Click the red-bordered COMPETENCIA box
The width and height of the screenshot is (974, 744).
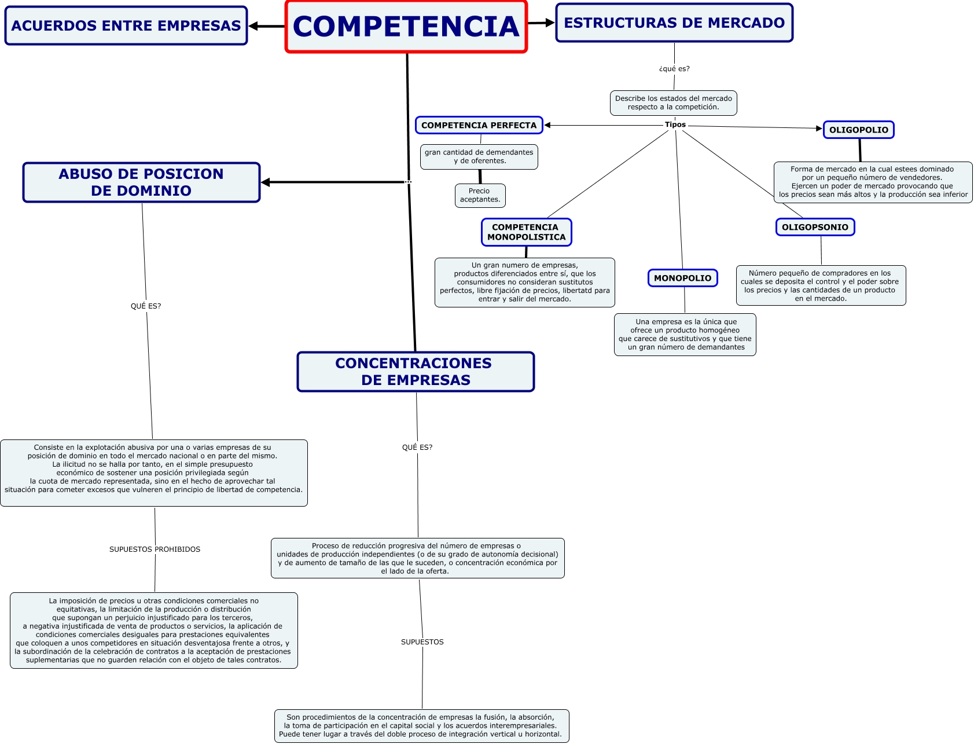(x=406, y=27)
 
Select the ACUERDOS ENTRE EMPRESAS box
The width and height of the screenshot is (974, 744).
(x=126, y=25)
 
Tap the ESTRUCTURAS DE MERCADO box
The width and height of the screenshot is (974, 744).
(x=674, y=23)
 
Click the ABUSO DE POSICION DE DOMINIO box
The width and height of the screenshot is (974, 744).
(x=141, y=182)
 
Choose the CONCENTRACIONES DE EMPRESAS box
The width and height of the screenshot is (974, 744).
(x=416, y=372)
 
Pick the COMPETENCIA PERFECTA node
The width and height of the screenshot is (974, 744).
(x=479, y=125)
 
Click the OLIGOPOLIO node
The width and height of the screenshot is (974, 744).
(x=858, y=130)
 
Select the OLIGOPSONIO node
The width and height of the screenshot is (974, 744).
(x=815, y=227)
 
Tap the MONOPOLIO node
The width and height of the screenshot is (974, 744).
(x=682, y=278)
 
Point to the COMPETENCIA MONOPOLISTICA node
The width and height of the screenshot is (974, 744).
(x=526, y=232)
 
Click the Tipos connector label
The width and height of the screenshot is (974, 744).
(x=675, y=124)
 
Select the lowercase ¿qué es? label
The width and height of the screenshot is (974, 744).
(x=674, y=68)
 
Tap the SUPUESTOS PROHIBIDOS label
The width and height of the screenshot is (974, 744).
(x=155, y=549)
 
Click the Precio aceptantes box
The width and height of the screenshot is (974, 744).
(x=480, y=195)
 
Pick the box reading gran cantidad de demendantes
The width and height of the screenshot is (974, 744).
(x=479, y=156)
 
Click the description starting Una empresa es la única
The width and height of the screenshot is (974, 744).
(x=685, y=334)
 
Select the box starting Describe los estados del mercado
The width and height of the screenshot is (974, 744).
(x=673, y=102)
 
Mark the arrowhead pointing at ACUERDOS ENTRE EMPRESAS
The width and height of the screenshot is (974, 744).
(x=253, y=26)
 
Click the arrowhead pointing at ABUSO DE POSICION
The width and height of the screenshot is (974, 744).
(x=266, y=182)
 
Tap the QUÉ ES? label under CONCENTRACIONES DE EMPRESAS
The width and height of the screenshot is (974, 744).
(x=417, y=447)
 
